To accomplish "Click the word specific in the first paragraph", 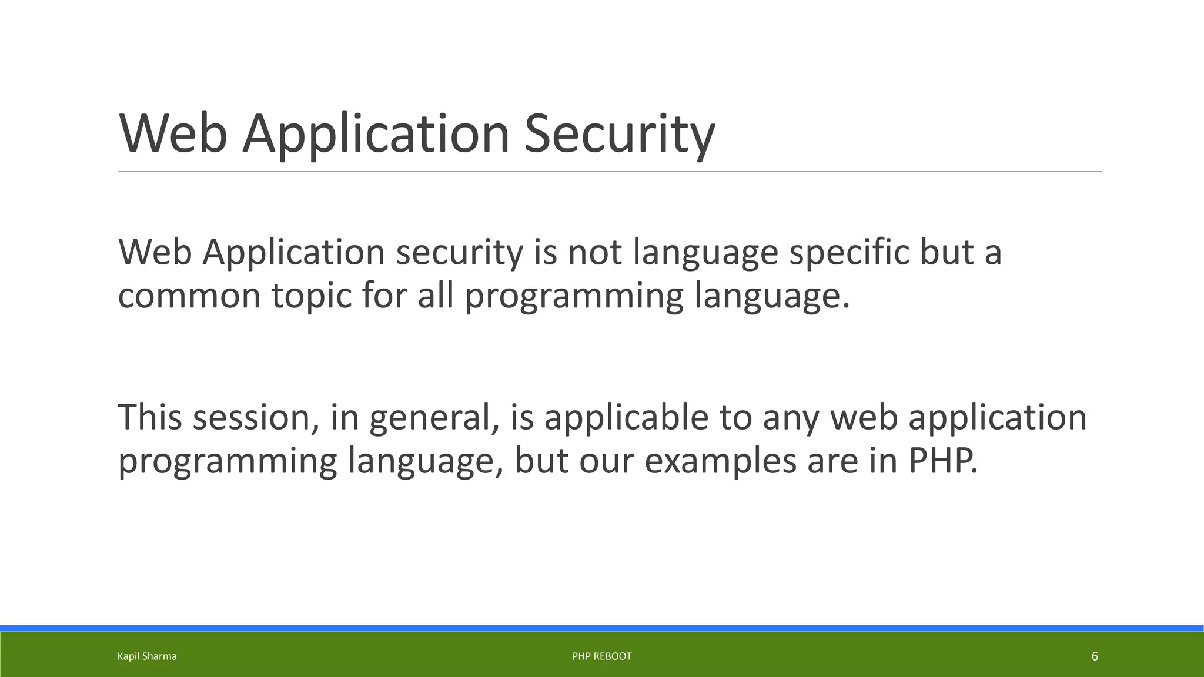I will pos(848,253).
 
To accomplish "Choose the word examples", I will pos(720,462).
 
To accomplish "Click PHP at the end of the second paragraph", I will pos(942,461).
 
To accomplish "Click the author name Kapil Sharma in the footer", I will pos(147,656).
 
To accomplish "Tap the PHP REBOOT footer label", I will pos(602,656).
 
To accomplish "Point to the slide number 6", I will pos(1095,656).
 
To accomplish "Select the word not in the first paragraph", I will pos(594,253).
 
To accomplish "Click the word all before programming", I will pos(436,296).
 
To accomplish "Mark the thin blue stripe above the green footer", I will pos(602,628).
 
